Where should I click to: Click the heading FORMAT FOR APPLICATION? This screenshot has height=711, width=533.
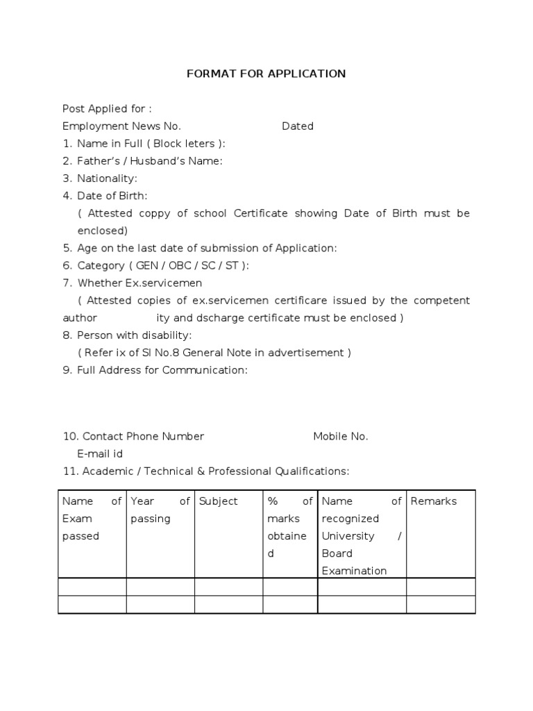pos(266,74)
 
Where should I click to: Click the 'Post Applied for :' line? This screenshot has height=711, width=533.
pos(107,109)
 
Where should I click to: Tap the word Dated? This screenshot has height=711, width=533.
pos(298,126)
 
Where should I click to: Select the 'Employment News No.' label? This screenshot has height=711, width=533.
pos(121,126)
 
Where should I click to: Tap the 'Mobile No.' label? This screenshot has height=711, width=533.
pos(341,437)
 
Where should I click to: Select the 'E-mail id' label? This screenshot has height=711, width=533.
pos(100,454)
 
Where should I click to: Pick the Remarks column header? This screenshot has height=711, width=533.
pos(434,501)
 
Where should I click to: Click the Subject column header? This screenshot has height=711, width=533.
pos(218,501)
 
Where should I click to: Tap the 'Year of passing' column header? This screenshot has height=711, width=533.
pos(160,510)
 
